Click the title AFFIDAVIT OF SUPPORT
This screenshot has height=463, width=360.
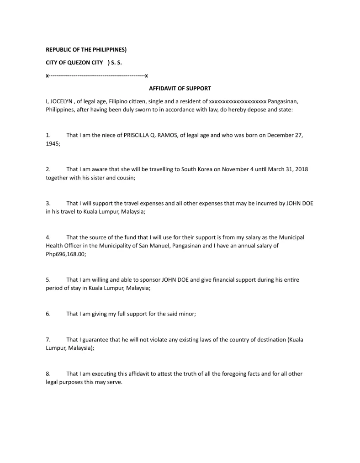pos(180,88)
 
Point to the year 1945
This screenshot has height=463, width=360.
pos(53,143)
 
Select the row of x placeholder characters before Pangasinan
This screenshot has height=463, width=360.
pos(237,101)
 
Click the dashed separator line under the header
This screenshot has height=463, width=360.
pos(97,75)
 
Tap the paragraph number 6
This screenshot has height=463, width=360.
pos(48,314)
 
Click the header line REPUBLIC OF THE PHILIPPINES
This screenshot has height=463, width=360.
pos(89,49)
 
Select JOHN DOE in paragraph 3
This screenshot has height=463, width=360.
pos(300,203)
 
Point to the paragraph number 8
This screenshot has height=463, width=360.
pos(48,374)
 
